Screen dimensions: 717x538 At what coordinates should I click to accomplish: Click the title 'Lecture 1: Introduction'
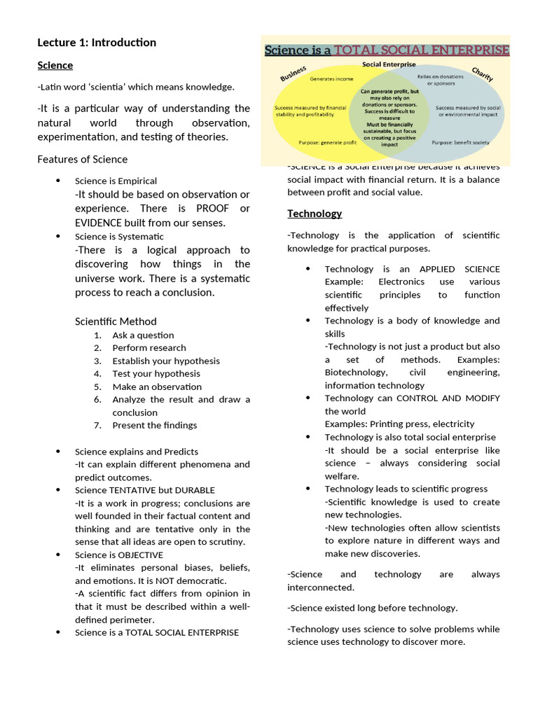pyautogui.click(x=97, y=43)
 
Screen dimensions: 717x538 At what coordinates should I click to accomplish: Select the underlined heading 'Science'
pyautogui.click(x=55, y=65)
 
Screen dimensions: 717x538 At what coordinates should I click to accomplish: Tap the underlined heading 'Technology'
pyautogui.click(x=315, y=214)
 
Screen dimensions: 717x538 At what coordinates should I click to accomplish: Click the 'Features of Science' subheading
pyautogui.click(x=82, y=159)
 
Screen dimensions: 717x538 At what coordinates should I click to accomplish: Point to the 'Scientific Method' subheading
pyautogui.click(x=116, y=321)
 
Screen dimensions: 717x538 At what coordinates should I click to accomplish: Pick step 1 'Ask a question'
pyautogui.click(x=143, y=335)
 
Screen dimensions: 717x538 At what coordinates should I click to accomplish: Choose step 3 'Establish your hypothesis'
pyautogui.click(x=166, y=361)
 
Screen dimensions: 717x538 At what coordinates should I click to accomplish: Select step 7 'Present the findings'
pyautogui.click(x=155, y=425)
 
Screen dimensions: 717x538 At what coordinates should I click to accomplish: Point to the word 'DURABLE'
pyautogui.click(x=191, y=490)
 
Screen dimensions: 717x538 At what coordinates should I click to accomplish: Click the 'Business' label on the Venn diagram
pyautogui.click(x=294, y=74)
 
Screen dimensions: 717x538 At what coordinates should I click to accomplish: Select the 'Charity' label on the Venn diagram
pyautogui.click(x=482, y=74)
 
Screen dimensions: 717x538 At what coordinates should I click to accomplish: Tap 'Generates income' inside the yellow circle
pyautogui.click(x=331, y=79)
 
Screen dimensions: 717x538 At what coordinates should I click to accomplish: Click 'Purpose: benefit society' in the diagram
pyautogui.click(x=460, y=142)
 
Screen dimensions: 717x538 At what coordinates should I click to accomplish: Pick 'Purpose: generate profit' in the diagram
pyautogui.click(x=328, y=142)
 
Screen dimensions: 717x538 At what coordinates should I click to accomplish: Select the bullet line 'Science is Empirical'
pyautogui.click(x=116, y=181)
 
